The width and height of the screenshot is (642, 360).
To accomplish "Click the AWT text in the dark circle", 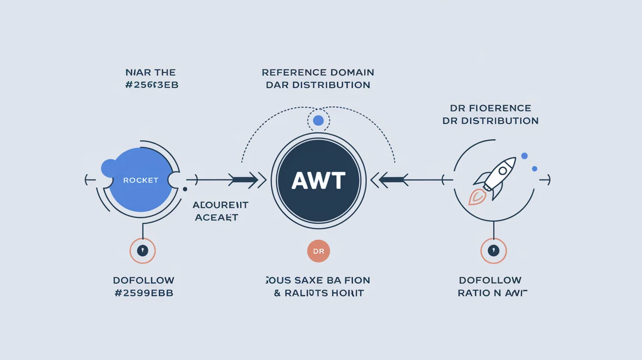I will click(318, 180).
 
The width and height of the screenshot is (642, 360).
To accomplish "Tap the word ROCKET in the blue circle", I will click(140, 180).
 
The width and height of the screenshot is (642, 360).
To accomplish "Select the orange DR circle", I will click(319, 251).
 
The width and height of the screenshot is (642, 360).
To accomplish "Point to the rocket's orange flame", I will click(477, 197).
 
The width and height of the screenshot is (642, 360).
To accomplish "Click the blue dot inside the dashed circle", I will click(318, 120).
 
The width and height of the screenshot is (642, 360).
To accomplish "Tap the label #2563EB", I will click(152, 85).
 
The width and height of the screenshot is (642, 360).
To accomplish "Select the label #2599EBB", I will click(143, 293).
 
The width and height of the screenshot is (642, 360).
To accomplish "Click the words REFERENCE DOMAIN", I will click(318, 72).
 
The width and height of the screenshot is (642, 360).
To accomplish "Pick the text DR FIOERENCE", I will click(490, 108).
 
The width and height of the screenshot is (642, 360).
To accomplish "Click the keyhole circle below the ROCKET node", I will click(142, 251).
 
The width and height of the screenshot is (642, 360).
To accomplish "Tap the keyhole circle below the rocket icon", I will click(494, 251).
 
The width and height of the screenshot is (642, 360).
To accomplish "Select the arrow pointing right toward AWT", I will click(245, 180).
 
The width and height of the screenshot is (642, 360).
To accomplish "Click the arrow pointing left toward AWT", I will click(391, 180).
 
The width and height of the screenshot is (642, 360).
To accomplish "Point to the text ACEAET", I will click(216, 217).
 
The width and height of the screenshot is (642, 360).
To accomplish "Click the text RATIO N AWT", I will click(492, 293).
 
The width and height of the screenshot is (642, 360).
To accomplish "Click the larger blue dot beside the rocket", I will click(525, 156).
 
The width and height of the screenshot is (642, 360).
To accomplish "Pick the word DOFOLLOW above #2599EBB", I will click(143, 280).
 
